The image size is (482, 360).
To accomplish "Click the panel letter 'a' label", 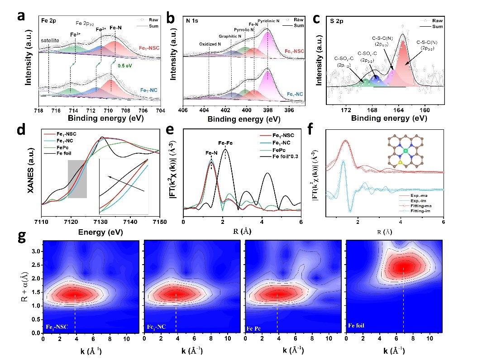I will (x=20, y=16).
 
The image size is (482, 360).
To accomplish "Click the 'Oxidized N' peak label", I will (x=210, y=44).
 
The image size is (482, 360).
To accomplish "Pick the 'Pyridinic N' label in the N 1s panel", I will (x=268, y=21).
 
